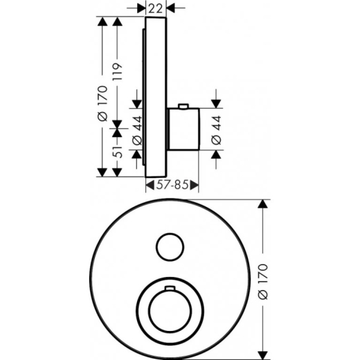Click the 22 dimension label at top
[x=155, y=8]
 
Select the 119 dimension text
[x=117, y=71]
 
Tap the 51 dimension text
[x=118, y=152]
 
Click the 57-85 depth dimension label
[x=172, y=185]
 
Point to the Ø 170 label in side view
[x=103, y=103]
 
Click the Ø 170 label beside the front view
[x=263, y=282]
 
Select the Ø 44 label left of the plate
[x=137, y=131]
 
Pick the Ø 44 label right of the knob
[x=216, y=130]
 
